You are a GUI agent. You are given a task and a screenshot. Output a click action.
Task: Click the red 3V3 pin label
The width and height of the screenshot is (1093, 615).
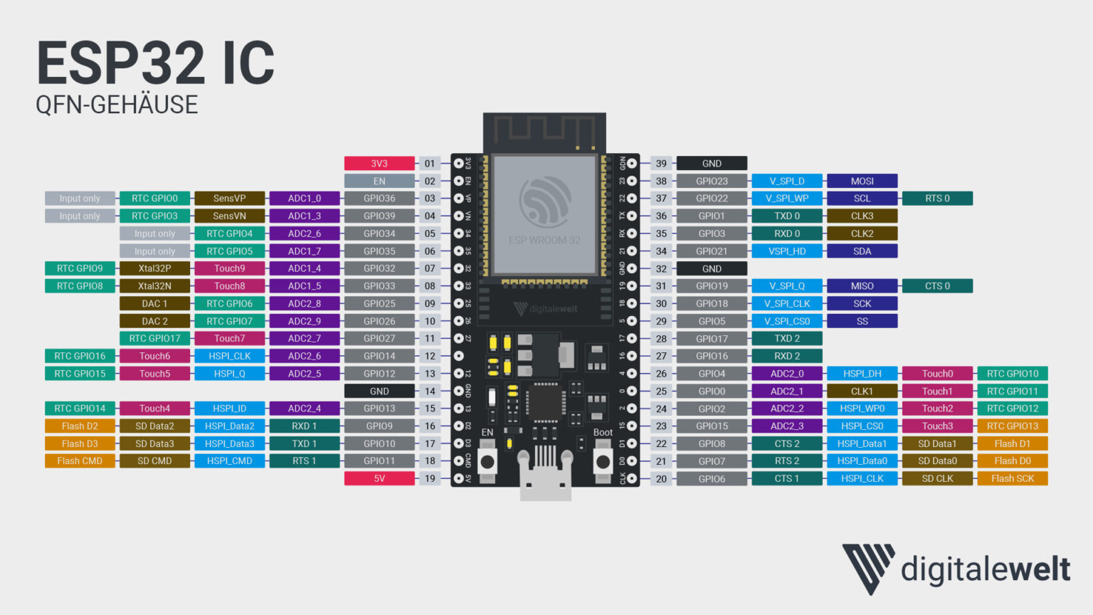pyautogui.click(x=379, y=164)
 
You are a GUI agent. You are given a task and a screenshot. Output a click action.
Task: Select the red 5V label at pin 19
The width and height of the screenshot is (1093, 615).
pyautogui.click(x=379, y=478)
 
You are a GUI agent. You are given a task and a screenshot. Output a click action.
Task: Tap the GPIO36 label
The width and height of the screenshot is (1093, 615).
pyautogui.click(x=379, y=199)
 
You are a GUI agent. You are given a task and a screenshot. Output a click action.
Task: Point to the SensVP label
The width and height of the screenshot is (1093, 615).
pyautogui.click(x=229, y=199)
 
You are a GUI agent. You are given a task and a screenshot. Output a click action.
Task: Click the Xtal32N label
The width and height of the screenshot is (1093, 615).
pyautogui.click(x=154, y=286)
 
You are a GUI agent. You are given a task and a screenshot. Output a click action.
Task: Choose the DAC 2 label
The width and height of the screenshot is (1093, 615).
pyautogui.click(x=154, y=321)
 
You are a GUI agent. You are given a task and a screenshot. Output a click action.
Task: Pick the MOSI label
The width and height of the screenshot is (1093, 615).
pyautogui.click(x=862, y=181)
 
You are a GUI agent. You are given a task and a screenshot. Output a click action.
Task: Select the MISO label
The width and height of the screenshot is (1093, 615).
pyautogui.click(x=862, y=286)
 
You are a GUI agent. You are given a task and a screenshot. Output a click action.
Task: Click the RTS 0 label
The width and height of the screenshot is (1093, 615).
pyautogui.click(x=937, y=199)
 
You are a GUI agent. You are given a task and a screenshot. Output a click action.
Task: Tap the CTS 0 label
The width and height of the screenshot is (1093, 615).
pyautogui.click(x=937, y=286)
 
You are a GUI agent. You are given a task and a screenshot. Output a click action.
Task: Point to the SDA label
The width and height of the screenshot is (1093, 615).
pyautogui.click(x=862, y=251)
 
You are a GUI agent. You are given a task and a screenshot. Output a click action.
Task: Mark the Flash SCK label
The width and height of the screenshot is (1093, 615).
pyautogui.click(x=1012, y=478)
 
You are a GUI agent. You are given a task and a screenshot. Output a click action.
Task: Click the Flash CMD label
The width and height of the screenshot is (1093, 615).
pyautogui.click(x=80, y=461)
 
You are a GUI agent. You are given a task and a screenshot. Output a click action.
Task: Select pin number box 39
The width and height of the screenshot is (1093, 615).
pyautogui.click(x=661, y=164)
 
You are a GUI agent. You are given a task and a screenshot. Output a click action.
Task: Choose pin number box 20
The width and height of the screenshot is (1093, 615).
pyautogui.click(x=661, y=478)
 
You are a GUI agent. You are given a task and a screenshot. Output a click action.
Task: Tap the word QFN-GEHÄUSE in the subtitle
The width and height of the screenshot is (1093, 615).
pyautogui.click(x=117, y=105)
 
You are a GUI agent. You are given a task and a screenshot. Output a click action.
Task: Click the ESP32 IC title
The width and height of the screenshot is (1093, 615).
pyautogui.click(x=155, y=63)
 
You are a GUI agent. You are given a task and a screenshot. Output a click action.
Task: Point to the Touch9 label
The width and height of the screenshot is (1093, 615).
pyautogui.click(x=229, y=268)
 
